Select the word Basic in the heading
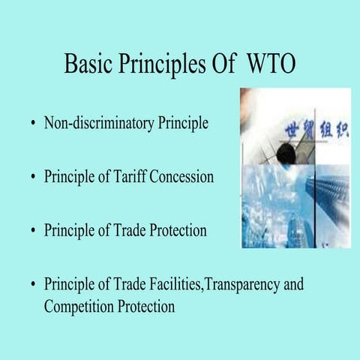tap(88, 64)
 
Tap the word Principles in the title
tap(159, 65)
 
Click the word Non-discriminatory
tap(97, 123)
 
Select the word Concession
tap(182, 177)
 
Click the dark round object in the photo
tap(286, 154)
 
